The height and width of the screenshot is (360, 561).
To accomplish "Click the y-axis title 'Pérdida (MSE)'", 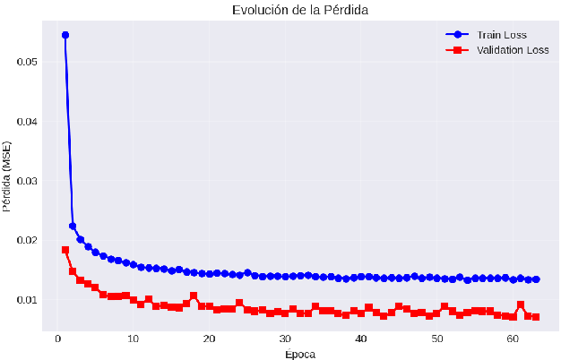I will (8, 176).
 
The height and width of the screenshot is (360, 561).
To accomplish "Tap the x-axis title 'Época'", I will (300, 354).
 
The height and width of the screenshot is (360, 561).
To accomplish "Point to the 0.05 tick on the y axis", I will (28, 62).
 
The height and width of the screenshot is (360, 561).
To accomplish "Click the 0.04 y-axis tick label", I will (28, 121).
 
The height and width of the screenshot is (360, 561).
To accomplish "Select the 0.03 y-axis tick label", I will (28, 181).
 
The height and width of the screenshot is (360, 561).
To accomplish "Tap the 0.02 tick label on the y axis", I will (28, 240).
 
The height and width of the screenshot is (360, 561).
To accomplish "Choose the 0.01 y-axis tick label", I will (28, 300).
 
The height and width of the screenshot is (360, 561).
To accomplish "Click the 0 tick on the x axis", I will (57, 339).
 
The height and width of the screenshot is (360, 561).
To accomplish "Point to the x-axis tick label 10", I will (133, 339).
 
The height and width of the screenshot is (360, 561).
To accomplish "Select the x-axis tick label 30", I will (285, 339).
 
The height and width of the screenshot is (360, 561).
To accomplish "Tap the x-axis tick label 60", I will (513, 339).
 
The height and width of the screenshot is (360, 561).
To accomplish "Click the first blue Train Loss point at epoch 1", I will (65, 35).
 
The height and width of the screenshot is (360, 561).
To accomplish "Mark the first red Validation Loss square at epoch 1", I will (65, 250).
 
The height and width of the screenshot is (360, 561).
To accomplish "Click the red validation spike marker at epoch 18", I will (194, 296).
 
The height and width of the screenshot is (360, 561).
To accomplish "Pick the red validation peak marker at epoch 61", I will (521, 304).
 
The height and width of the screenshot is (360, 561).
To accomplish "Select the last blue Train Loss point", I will (536, 279).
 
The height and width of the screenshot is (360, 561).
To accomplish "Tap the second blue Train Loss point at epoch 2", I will (73, 226).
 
